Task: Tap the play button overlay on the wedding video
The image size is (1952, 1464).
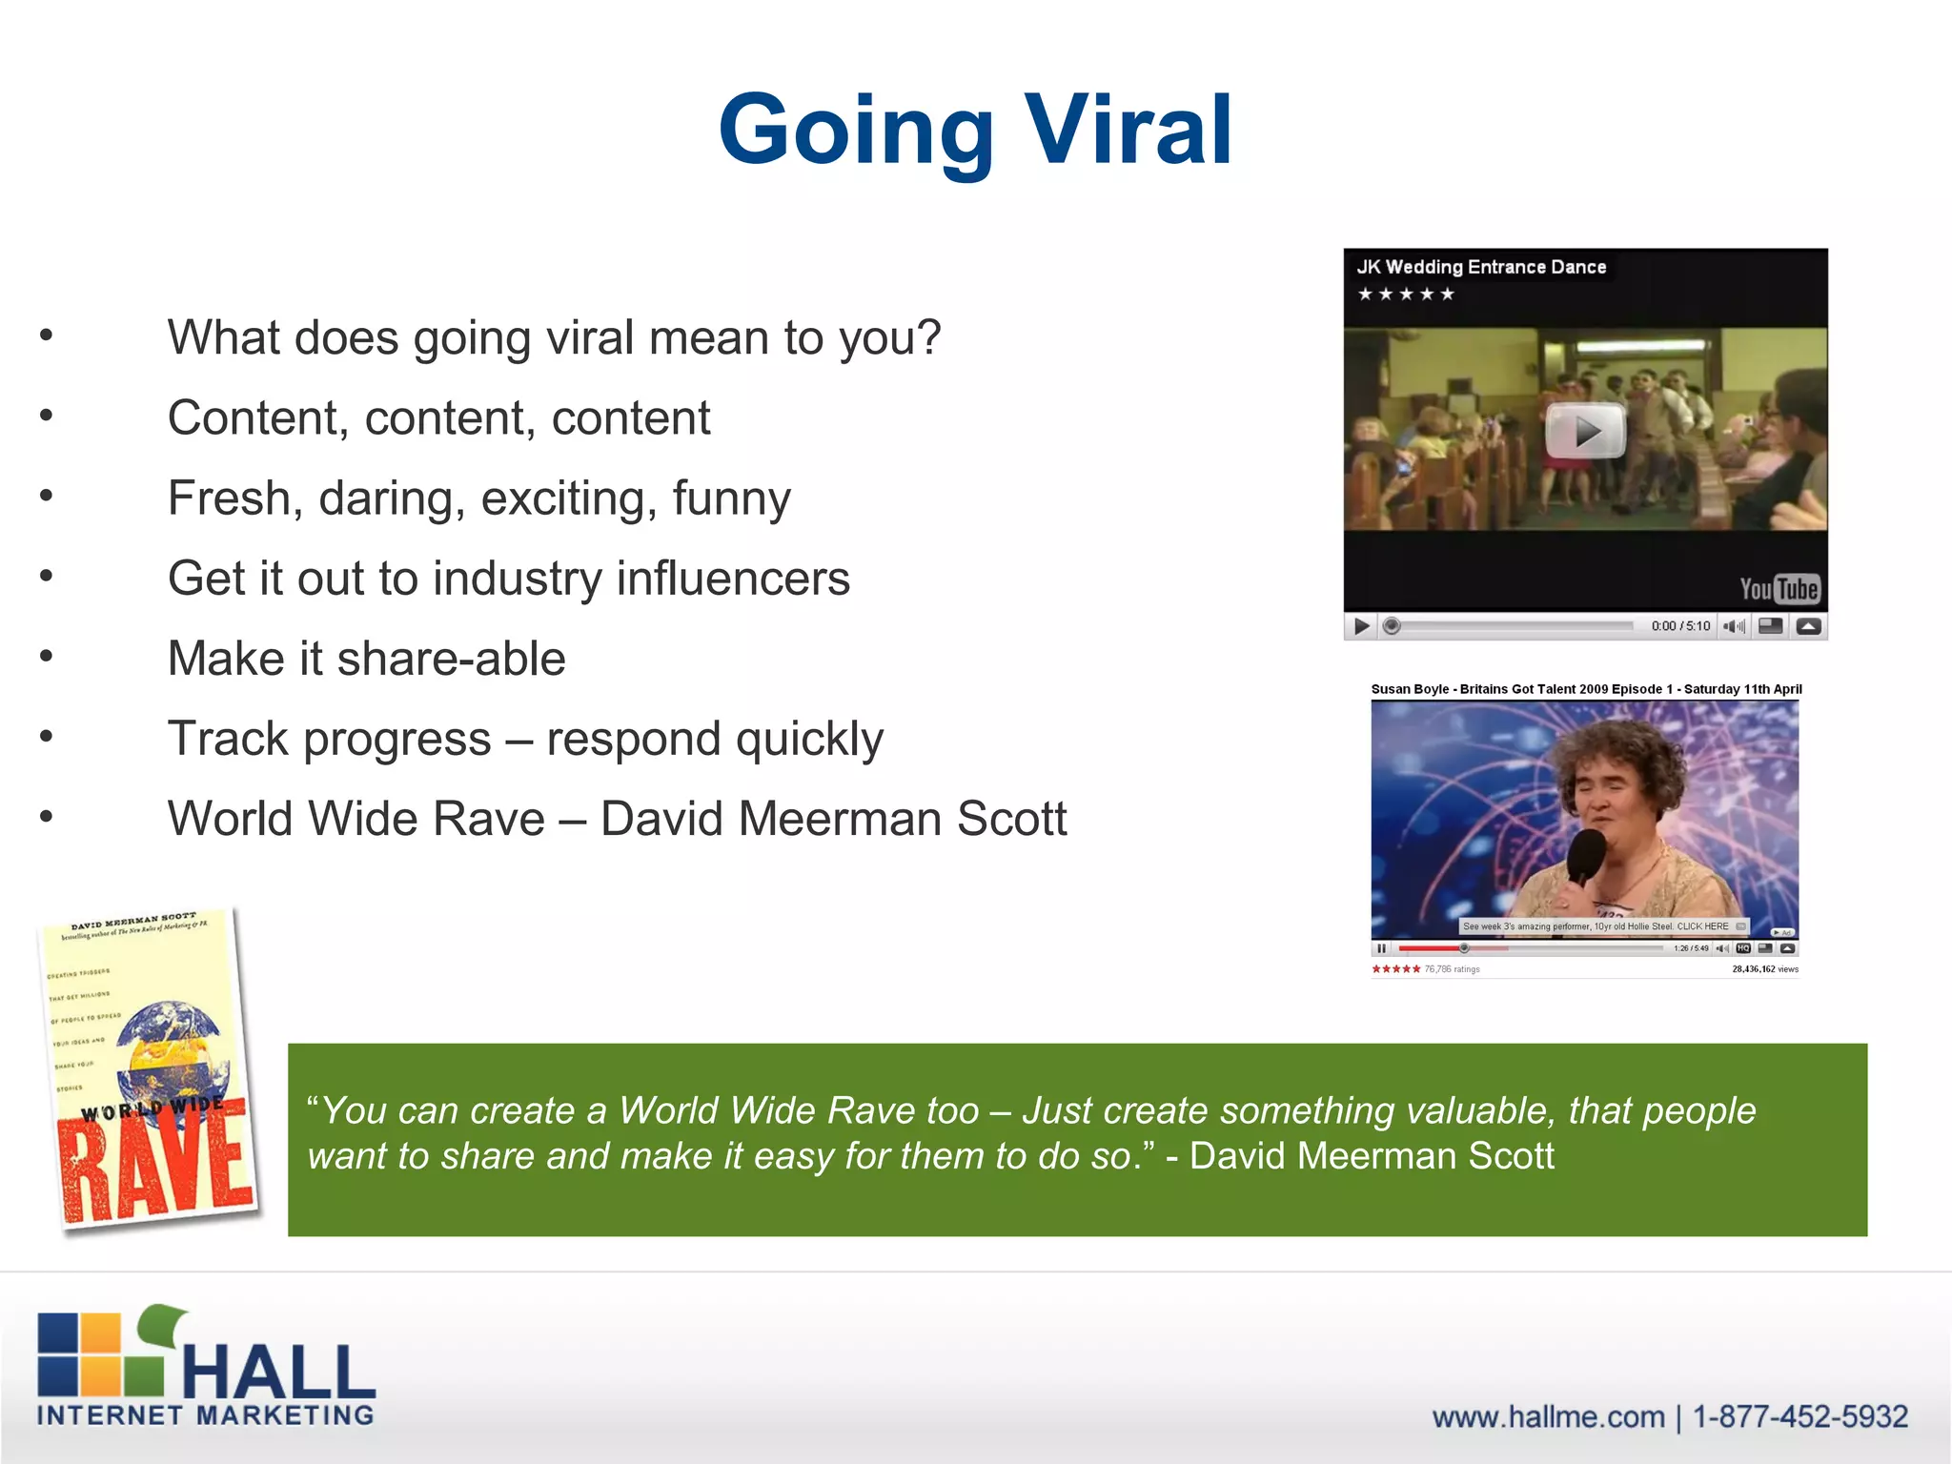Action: click(1584, 431)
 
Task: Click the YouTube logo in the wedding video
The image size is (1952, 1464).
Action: click(1779, 589)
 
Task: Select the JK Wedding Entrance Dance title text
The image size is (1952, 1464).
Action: click(1481, 267)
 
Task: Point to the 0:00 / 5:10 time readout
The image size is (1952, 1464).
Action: click(1680, 626)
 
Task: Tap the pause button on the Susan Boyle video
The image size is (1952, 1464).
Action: click(1381, 948)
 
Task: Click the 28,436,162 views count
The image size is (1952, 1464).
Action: click(1764, 969)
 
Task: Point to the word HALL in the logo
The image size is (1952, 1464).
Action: click(278, 1369)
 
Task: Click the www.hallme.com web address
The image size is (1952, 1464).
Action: click(1548, 1417)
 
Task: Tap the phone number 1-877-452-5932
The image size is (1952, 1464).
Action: click(1799, 1417)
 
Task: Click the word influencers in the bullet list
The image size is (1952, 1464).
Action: click(733, 579)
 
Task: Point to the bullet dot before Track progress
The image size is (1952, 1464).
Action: click(46, 737)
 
